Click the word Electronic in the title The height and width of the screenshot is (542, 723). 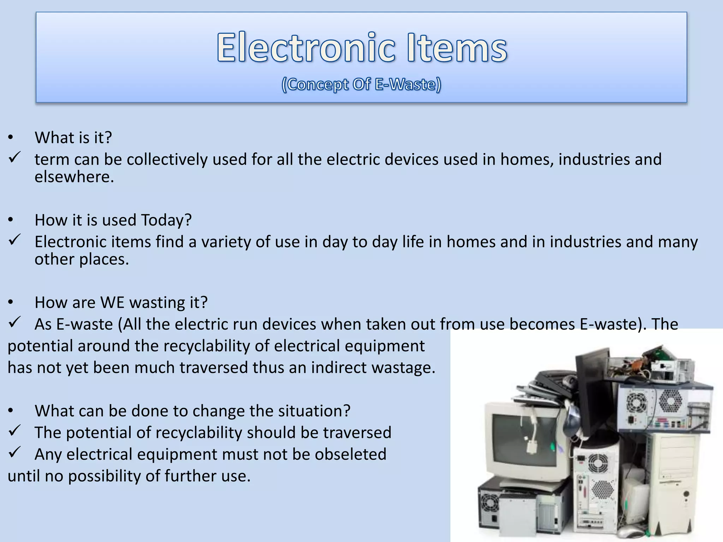point(306,47)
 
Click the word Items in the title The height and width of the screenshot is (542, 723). point(457,47)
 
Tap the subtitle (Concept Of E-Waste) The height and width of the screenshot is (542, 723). point(361,84)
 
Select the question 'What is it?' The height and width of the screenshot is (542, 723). point(73,138)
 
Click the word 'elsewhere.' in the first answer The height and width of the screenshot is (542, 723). point(74,177)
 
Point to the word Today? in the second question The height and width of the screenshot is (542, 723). point(166,220)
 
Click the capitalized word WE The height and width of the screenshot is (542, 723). point(112,303)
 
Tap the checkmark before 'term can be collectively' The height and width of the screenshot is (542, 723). point(14,157)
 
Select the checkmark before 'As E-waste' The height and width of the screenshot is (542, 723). point(14,322)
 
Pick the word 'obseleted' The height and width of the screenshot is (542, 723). point(351,454)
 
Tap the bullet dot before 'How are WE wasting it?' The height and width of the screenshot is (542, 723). point(11,303)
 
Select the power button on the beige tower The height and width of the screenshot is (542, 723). point(686,493)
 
